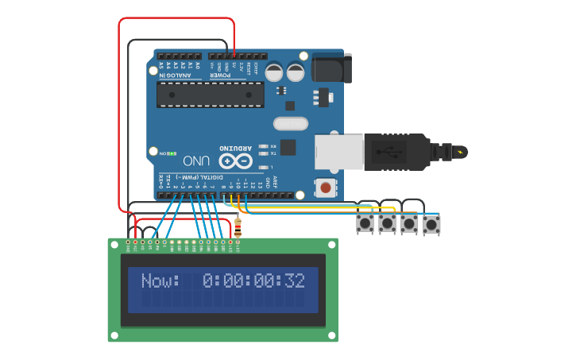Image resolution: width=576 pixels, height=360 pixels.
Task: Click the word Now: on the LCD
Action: pyautogui.click(x=160, y=281)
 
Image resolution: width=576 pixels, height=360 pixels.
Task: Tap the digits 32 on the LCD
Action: pyautogui.click(x=295, y=281)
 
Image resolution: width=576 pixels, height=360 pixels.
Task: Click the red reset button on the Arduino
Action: pyautogui.click(x=325, y=188)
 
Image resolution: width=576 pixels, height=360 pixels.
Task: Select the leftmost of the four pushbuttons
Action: pyautogui.click(x=365, y=223)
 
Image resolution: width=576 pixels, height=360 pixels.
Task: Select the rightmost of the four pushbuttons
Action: pyautogui.click(x=431, y=225)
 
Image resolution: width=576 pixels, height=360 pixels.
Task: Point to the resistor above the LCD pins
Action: pyautogui.click(x=238, y=230)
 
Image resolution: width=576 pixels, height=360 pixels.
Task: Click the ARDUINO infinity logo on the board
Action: pyautogui.click(x=242, y=161)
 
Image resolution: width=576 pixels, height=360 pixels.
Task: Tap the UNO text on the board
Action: pyautogui.click(x=196, y=161)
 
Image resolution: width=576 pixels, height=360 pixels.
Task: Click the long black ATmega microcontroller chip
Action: pyautogui.click(x=210, y=95)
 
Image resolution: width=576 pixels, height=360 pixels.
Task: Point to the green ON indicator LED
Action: pyautogui.click(x=172, y=153)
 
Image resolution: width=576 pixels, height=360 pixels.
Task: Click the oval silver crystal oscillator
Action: pyautogui.click(x=290, y=124)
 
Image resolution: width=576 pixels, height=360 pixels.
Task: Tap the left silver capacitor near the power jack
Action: pyautogui.click(x=274, y=72)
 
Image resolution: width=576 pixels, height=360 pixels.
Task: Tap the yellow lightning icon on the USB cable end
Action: pyautogui.click(x=460, y=151)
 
